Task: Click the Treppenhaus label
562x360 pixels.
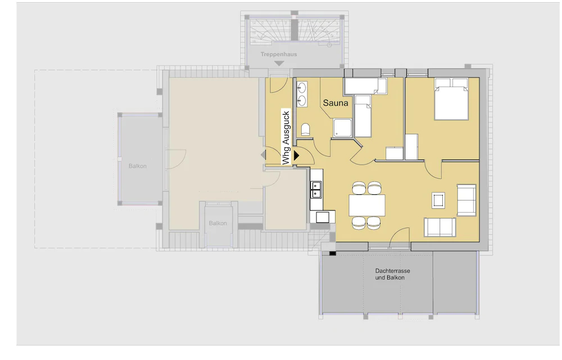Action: pos(279,54)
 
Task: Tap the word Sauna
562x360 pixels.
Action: pos(336,103)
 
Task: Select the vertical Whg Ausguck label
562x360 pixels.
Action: pos(286,138)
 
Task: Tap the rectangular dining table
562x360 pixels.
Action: pos(367,205)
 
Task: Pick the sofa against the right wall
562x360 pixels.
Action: pos(466,200)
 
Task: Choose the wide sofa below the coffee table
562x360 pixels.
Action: pos(439,227)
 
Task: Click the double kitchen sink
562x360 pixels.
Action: pos(316,189)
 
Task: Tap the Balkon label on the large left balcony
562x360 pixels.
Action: pos(137,166)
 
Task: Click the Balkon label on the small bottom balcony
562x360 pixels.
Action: pos(218,224)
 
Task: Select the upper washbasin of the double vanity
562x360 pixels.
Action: pos(302,88)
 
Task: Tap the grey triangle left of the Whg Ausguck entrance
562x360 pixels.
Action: pos(263,154)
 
